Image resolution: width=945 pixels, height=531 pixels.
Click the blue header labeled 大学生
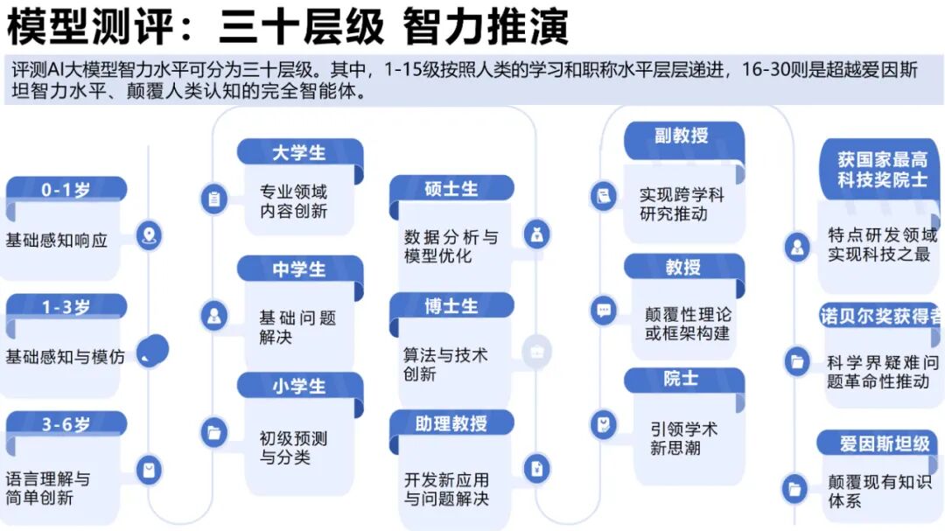pos(299,152)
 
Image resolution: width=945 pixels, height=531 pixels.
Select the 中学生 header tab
pos(299,269)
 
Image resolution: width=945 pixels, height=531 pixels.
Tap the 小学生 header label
pos(299,387)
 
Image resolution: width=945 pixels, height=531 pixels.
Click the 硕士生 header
pos(451,188)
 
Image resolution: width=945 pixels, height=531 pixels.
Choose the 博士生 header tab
pos(451,306)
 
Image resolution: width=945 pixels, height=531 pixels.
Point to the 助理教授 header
pos(451,423)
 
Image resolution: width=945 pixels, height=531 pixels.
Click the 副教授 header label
pos(682,136)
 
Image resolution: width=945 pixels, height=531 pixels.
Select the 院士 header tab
pos(682,379)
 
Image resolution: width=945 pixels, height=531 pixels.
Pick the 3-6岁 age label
pos(66,425)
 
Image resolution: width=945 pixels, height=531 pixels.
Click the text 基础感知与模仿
pos(66,357)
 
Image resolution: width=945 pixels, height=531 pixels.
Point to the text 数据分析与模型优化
pos(451,247)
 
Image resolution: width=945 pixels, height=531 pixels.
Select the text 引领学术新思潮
pos(683,438)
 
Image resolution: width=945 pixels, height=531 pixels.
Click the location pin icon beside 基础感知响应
pos(150,234)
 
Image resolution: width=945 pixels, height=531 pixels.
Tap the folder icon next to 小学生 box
pos(213,431)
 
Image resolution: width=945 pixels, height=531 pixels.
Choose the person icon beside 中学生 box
pos(213,315)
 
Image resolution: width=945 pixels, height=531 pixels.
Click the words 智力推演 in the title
pos(486,27)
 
